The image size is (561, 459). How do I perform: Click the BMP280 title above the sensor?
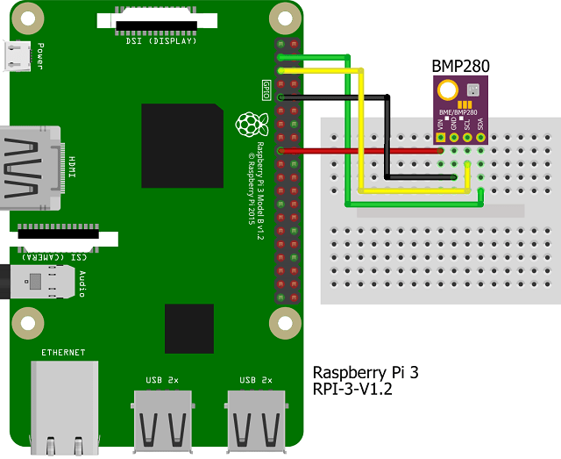point(460,66)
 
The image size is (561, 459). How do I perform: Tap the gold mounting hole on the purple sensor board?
point(447,89)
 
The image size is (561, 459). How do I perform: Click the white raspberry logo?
point(252,125)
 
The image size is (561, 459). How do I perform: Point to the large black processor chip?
point(182,145)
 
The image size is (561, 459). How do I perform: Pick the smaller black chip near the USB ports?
point(188,328)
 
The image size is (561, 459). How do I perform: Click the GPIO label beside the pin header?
point(266,89)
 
